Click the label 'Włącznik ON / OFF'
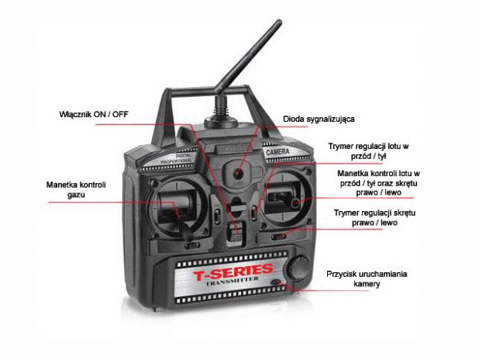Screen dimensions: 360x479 coord(95,114)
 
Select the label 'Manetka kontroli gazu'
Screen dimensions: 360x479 coord(75,189)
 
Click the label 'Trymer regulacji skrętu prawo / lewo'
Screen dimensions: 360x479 coord(365,217)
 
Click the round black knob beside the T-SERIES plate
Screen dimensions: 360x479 coord(298,268)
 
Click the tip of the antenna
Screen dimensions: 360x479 coord(277,23)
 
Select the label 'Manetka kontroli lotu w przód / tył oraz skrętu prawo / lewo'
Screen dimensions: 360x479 coord(377,183)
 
